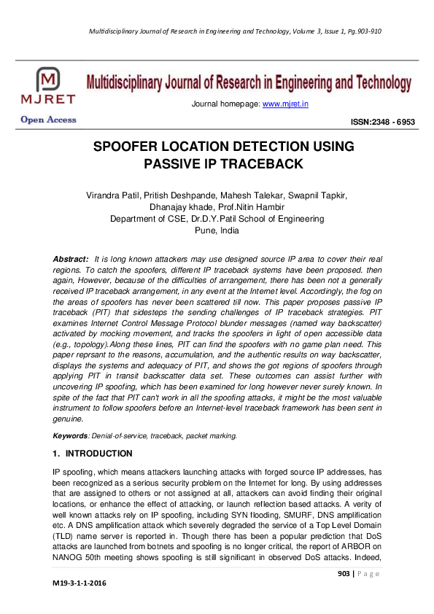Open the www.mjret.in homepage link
coord(285,104)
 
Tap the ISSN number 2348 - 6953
coord(384,123)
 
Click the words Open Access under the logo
coord(48,120)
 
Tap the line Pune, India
coord(217,230)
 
